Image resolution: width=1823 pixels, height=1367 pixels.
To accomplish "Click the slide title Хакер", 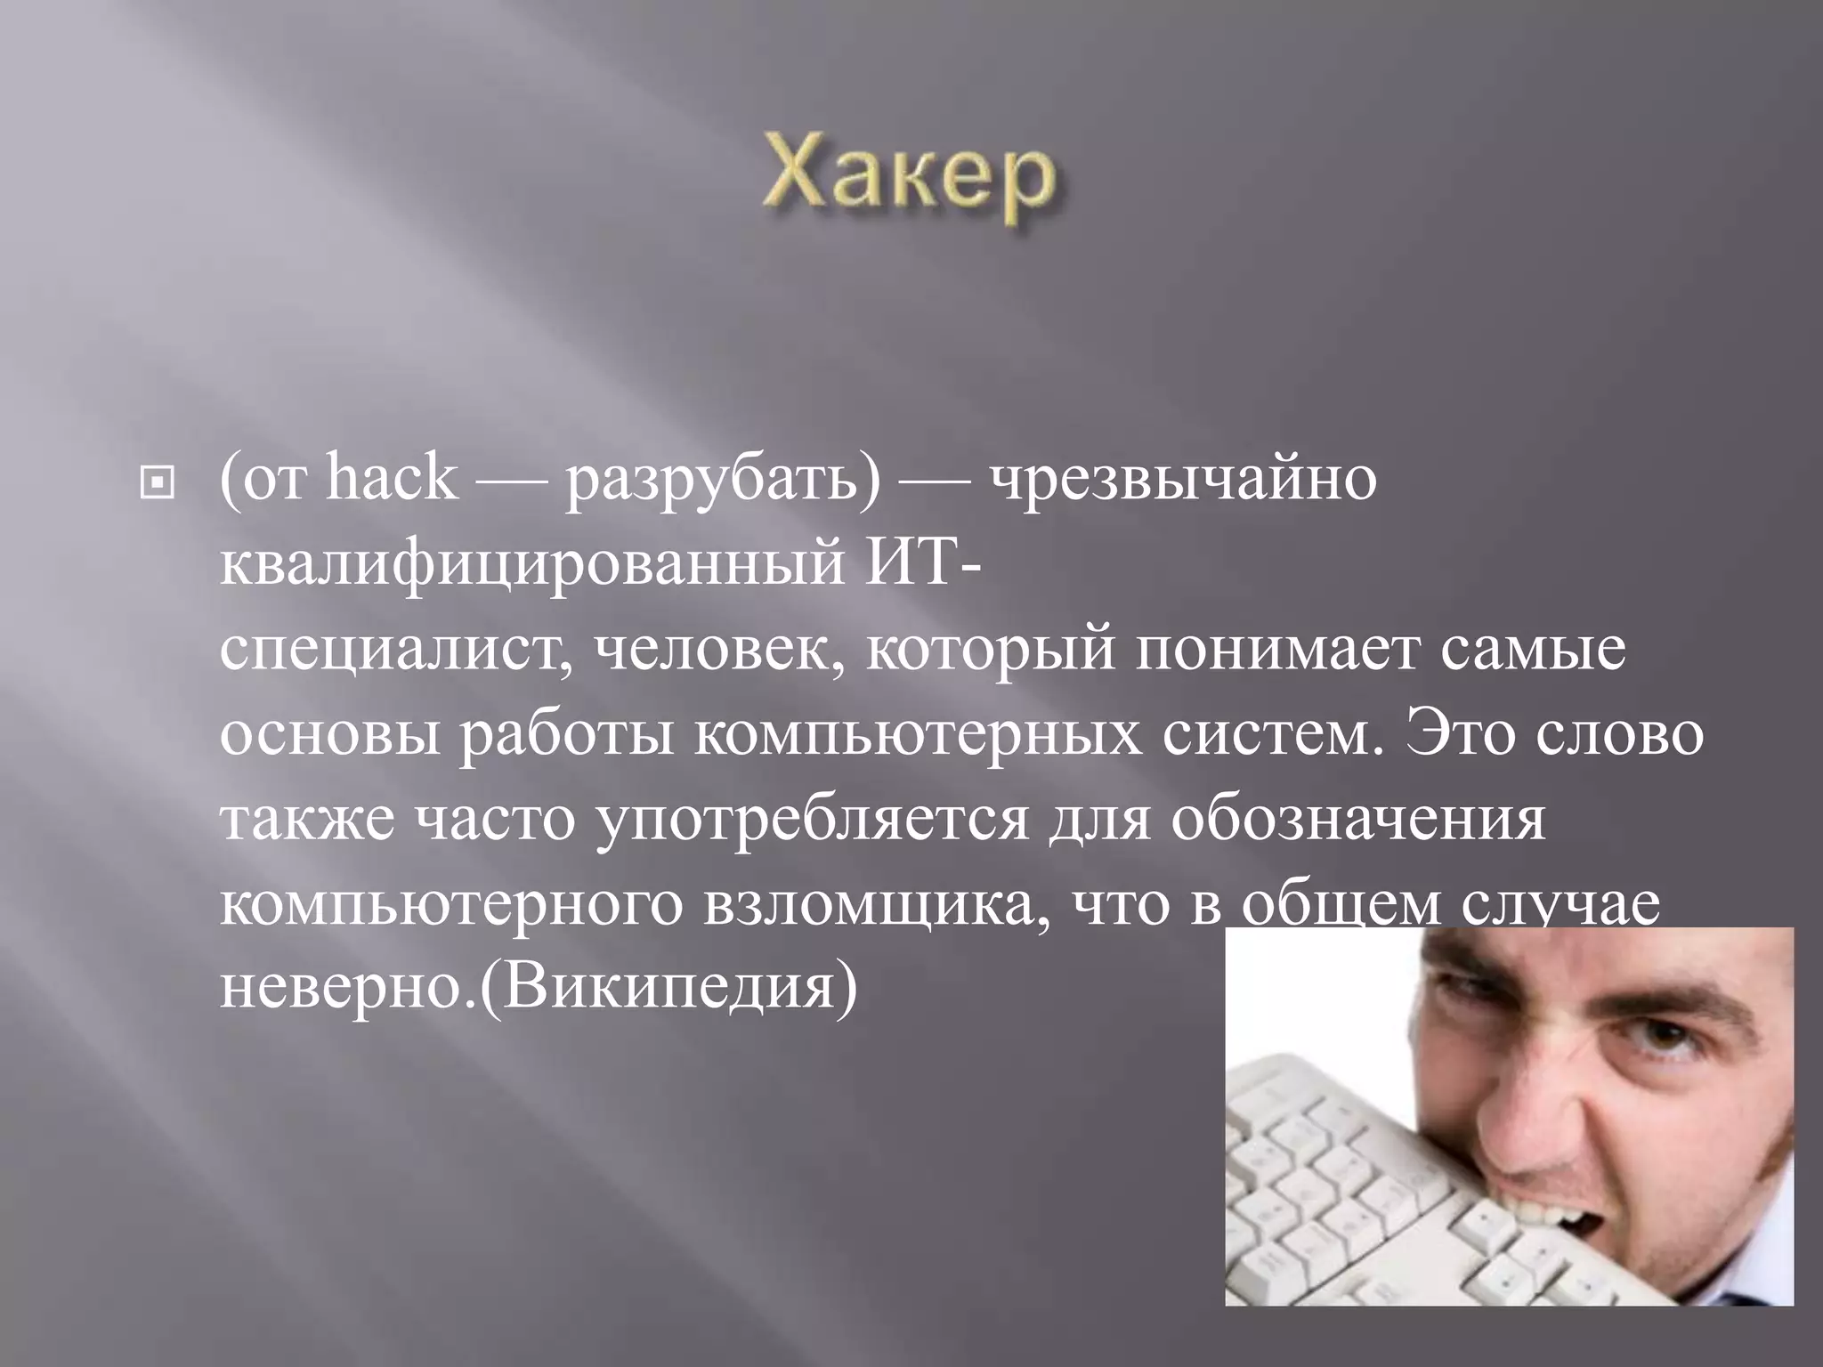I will click(910, 182).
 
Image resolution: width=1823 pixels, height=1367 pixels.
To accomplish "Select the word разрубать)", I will click(722, 481).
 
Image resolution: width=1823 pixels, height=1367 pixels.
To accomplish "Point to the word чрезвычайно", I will click(1185, 481).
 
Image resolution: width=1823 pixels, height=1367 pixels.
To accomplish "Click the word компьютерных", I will click(916, 735).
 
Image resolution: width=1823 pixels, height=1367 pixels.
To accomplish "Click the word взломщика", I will click(871, 905).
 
